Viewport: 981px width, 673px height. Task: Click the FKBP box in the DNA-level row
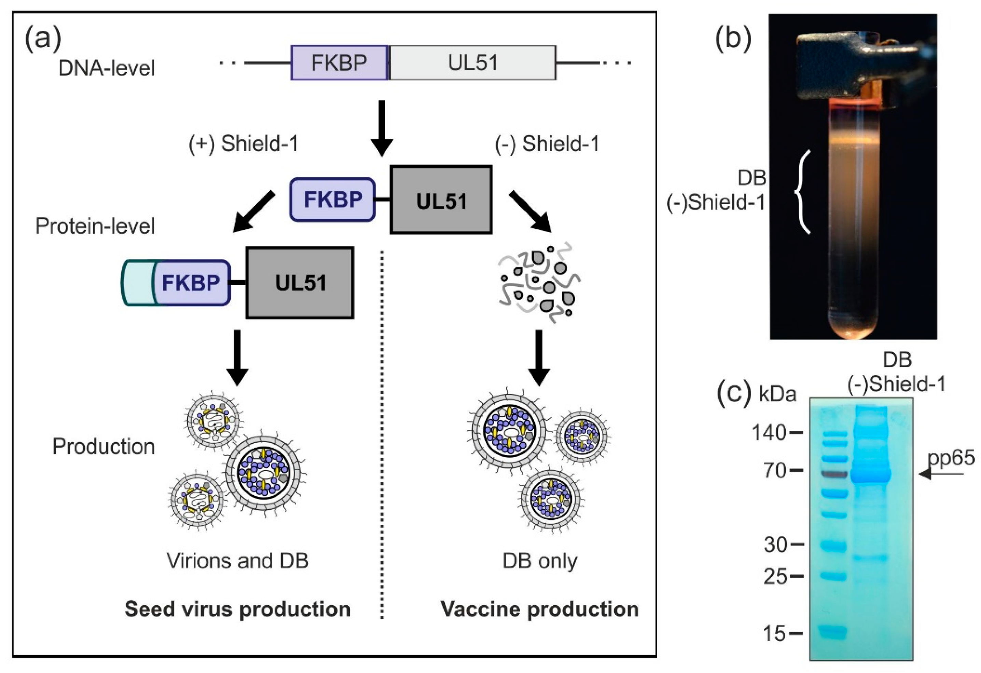click(x=340, y=63)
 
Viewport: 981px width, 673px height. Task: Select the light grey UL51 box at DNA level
click(x=472, y=63)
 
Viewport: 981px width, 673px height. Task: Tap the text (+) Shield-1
click(x=244, y=144)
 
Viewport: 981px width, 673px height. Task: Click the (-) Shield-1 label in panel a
click(x=547, y=144)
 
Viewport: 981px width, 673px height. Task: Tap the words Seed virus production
click(x=237, y=609)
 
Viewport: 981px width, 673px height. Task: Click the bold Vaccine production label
click(x=539, y=609)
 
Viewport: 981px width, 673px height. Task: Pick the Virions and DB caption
click(x=237, y=561)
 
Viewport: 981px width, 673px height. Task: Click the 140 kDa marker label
click(x=768, y=433)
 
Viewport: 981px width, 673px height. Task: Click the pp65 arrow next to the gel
click(x=941, y=474)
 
